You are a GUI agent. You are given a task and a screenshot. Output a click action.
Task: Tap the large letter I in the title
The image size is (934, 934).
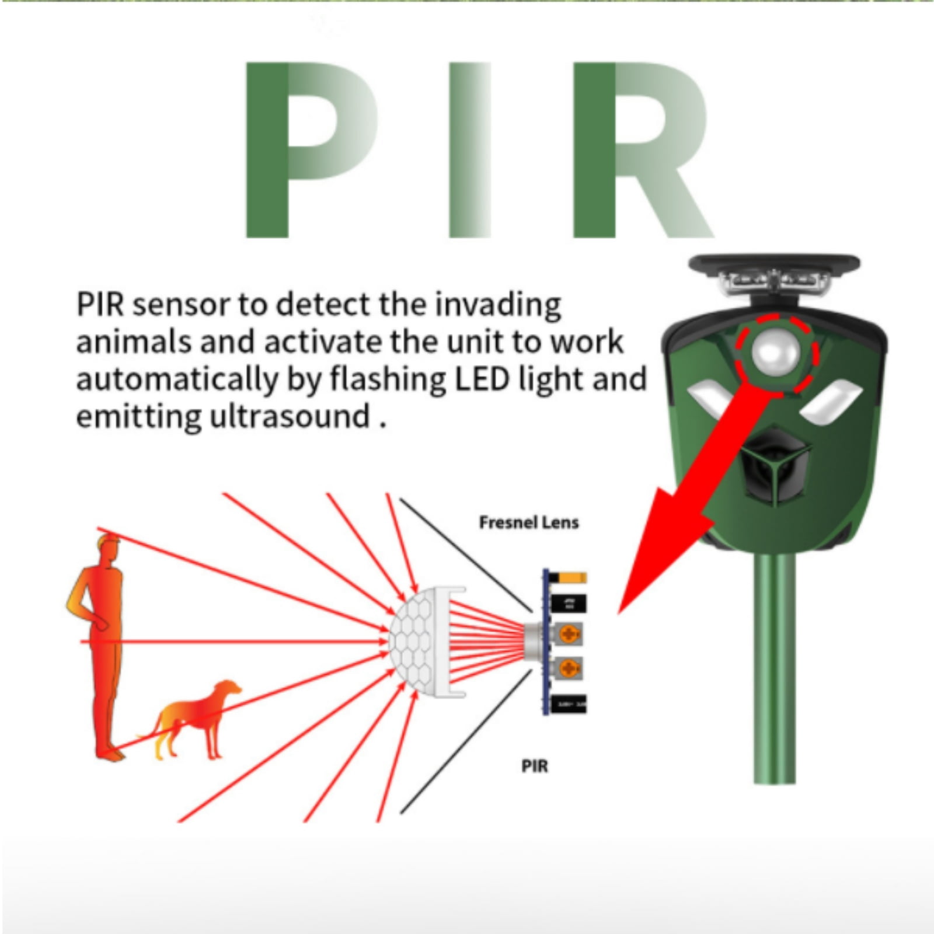point(470,149)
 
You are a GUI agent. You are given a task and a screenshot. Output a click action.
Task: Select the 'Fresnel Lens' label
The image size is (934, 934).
point(529,522)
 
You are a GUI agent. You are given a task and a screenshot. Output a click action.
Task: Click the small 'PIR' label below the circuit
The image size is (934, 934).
point(535,766)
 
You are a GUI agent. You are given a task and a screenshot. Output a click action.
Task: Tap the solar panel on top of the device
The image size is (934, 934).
point(774,263)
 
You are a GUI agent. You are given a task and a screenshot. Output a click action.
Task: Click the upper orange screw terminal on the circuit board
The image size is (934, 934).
point(567,633)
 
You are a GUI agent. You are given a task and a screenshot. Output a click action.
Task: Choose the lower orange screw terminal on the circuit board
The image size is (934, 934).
point(567,668)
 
